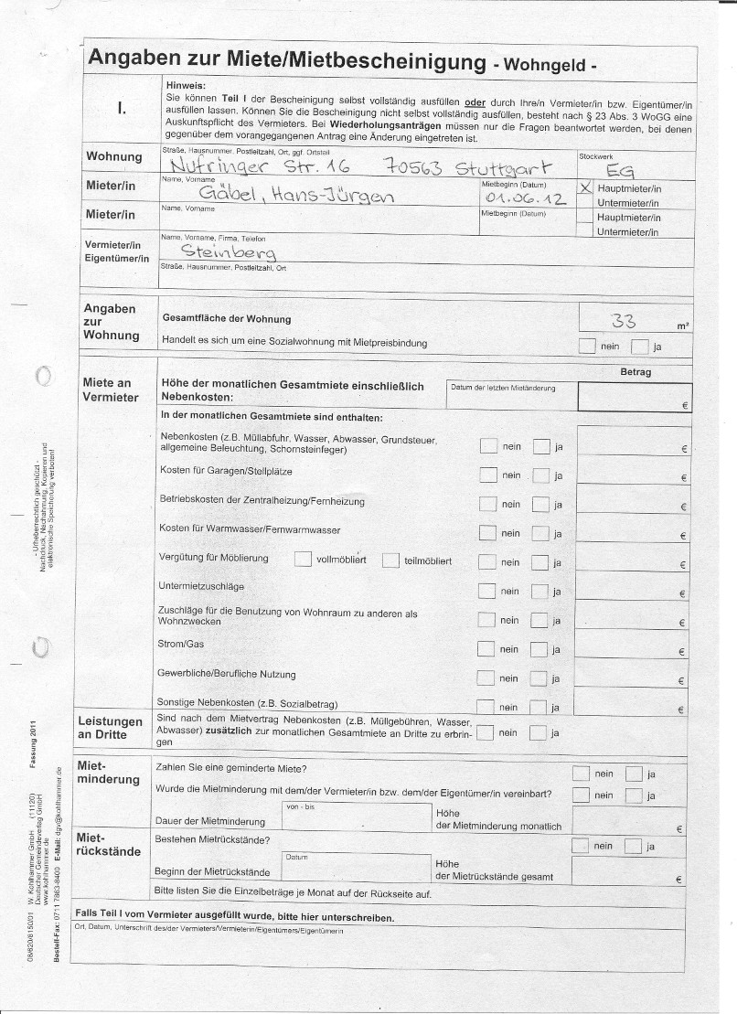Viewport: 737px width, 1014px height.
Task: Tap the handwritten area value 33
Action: point(625,319)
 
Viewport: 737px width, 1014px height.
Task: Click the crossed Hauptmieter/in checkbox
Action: point(585,187)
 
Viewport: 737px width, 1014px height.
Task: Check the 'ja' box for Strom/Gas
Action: point(540,650)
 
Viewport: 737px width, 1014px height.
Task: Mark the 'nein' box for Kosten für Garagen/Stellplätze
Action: point(488,475)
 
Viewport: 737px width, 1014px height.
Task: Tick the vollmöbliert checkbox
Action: point(304,560)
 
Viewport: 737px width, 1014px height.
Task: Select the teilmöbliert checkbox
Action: point(390,560)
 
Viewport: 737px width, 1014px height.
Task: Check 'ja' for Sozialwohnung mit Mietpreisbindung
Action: point(640,347)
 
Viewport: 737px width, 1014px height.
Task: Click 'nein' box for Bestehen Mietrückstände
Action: point(581,846)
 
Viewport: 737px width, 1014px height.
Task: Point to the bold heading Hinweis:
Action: point(187,84)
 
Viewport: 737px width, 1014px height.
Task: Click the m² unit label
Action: point(683,326)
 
